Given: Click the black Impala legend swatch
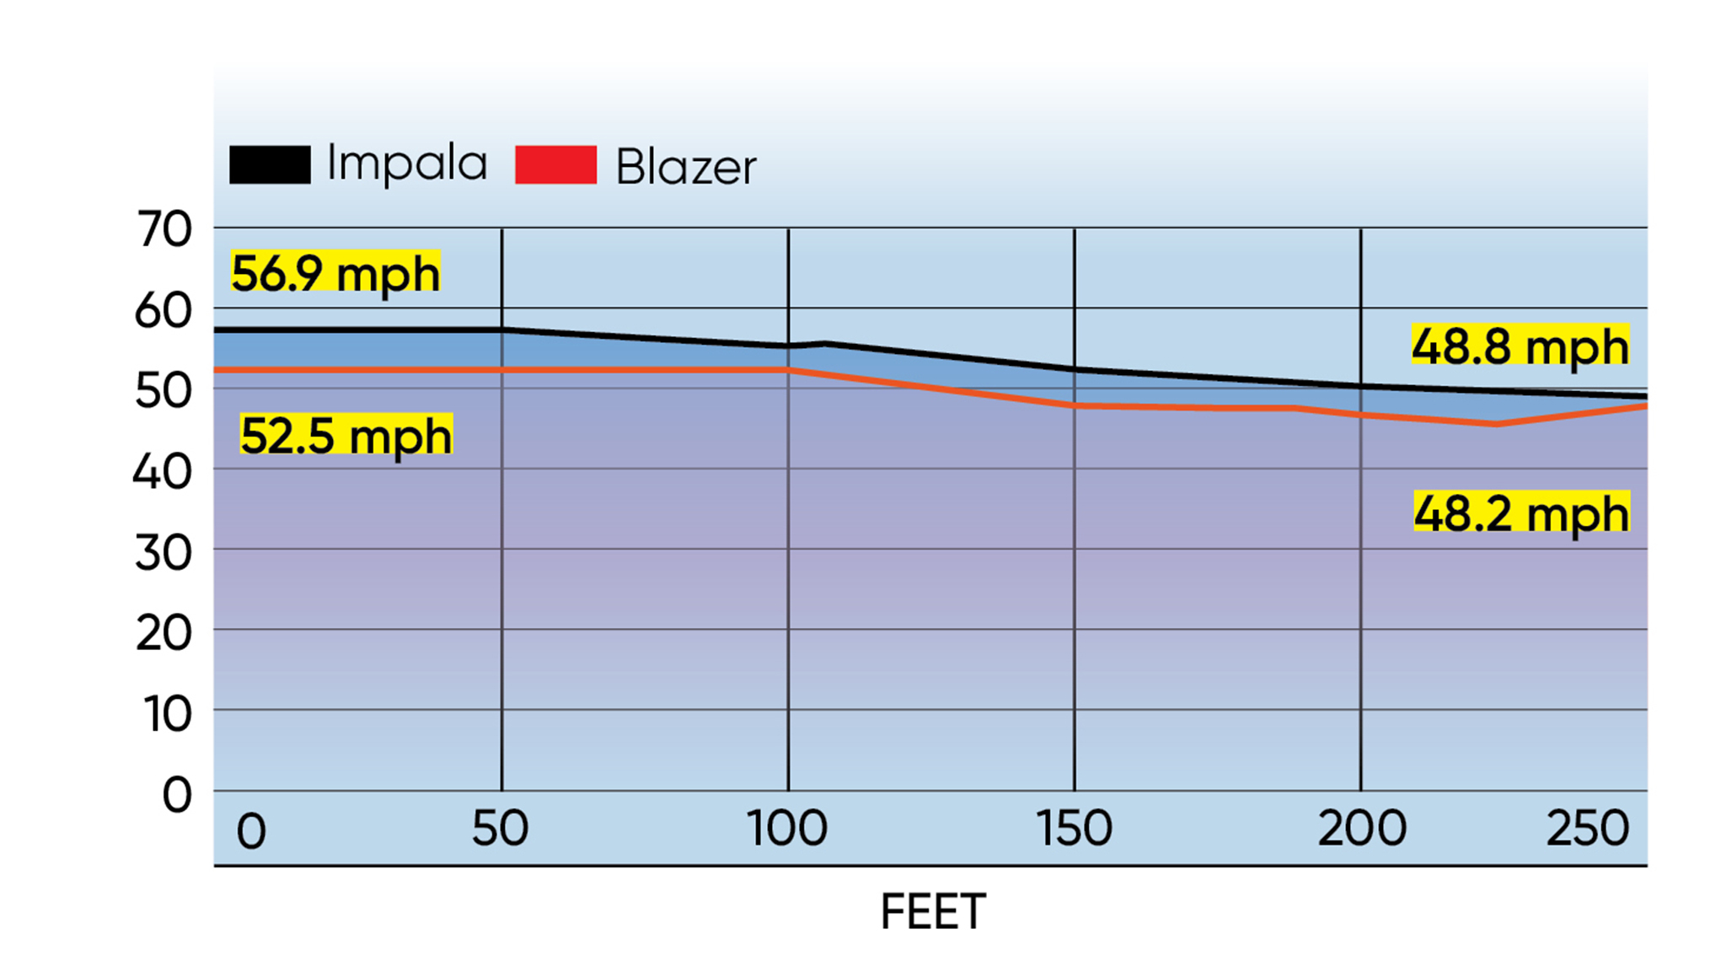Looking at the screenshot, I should pos(270,164).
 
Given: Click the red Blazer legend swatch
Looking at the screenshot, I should pos(555,164).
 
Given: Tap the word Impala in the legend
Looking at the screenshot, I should pos(407,164).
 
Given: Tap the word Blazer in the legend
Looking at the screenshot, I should pos(686,167).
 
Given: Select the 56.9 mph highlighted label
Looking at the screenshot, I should pos(335,272).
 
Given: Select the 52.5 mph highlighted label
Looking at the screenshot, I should pos(346,435).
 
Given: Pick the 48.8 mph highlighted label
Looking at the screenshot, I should pos(1520,346).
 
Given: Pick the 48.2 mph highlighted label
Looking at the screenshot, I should pos(1521,512).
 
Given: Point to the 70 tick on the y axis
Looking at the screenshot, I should pos(165,228).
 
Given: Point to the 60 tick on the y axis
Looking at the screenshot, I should pos(163,310).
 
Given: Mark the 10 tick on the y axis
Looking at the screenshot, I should pos(168,714).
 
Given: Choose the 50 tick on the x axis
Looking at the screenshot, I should pos(501,828).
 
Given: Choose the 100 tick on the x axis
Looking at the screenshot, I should pos(787,828).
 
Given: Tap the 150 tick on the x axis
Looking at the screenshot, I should pos(1074,828).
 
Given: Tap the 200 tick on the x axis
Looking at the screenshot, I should pos(1361,828).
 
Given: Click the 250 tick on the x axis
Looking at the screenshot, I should pos(1588,828).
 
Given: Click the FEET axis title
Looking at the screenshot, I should pos(933,911).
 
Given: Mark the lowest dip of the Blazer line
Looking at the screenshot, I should pos(1496,424).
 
